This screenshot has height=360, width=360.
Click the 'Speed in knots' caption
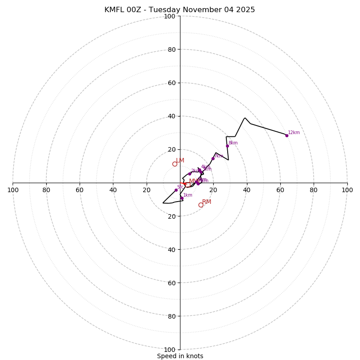(180, 356)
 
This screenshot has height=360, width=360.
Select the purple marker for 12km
(287, 135)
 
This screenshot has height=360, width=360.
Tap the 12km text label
(294, 133)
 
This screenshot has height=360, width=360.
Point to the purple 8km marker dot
(227, 146)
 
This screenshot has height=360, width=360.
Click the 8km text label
(233, 143)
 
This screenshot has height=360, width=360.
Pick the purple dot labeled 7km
(213, 158)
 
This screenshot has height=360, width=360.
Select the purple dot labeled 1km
(182, 198)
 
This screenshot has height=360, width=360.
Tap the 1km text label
(188, 195)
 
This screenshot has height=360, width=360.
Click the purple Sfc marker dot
(176, 190)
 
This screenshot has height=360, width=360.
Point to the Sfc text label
(180, 187)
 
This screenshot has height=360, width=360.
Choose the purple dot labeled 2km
(189, 174)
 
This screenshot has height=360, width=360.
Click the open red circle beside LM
(175, 164)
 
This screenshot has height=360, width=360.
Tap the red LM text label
(180, 161)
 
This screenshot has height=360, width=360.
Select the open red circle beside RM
(201, 205)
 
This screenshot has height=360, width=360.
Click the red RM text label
(207, 202)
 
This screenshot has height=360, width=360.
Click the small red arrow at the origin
(184, 184)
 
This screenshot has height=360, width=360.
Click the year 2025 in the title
(246, 10)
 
